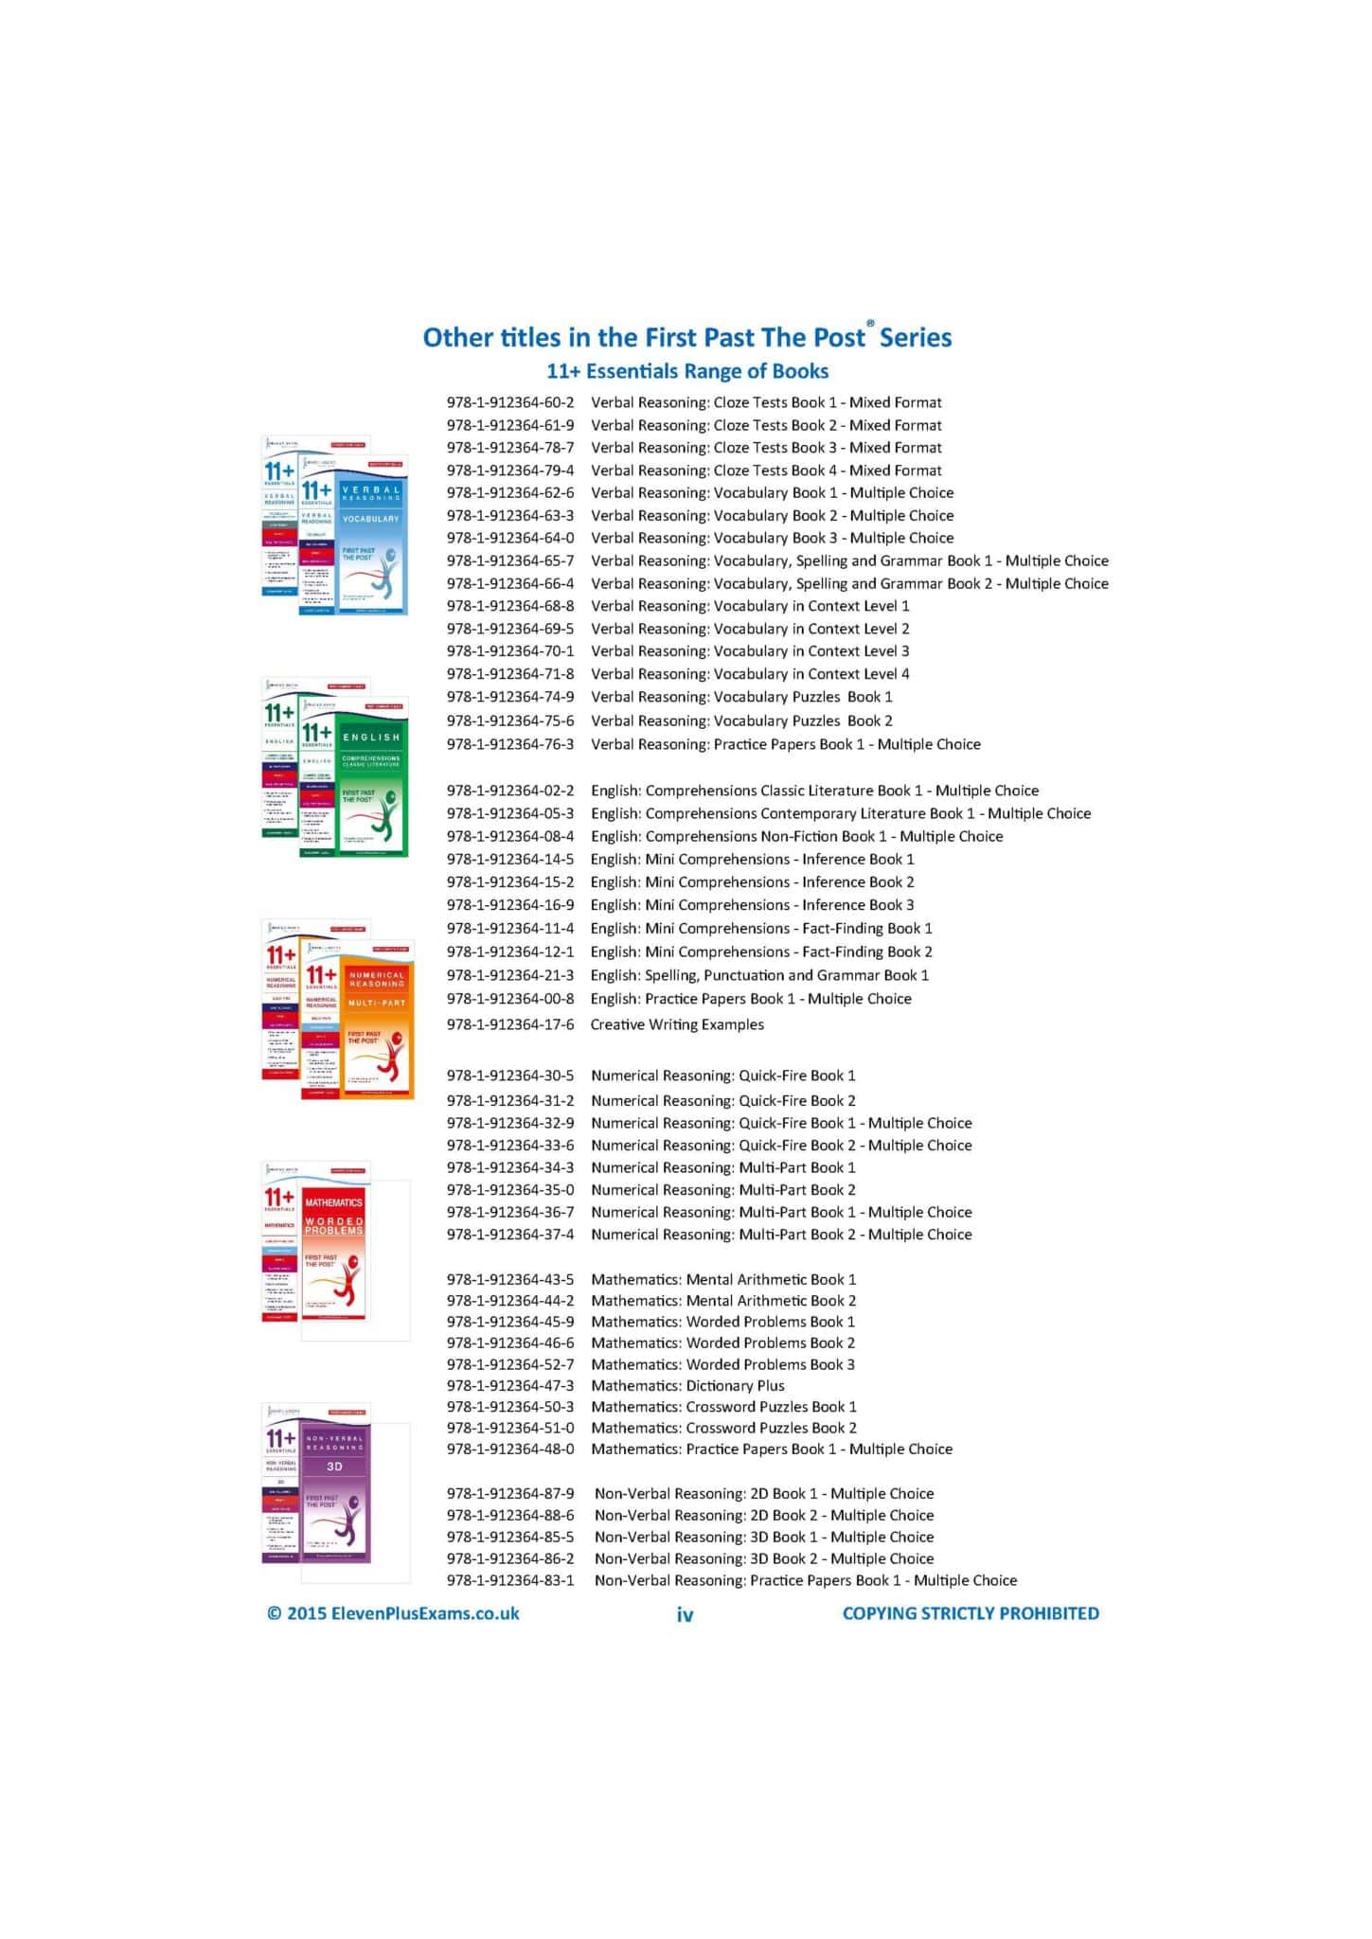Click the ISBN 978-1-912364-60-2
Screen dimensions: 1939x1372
[509, 402]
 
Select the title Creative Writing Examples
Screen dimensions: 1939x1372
[676, 1024]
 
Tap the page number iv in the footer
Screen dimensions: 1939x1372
[685, 1614]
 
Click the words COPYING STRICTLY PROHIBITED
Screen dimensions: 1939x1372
[971, 1613]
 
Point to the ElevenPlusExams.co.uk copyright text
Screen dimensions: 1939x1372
[393, 1613]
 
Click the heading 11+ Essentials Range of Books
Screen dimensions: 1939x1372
[687, 371]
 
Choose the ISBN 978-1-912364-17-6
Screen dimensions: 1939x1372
[509, 1024]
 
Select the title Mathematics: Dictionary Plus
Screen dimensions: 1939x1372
[687, 1385]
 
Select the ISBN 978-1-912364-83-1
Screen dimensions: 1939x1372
[509, 1580]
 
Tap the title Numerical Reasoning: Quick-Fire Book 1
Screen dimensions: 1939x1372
[722, 1076]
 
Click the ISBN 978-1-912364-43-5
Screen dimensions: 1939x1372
[509, 1279]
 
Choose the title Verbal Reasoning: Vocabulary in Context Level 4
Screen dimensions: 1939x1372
[749, 674]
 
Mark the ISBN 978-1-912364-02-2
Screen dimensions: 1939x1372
[509, 791]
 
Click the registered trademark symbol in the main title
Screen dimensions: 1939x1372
[870, 324]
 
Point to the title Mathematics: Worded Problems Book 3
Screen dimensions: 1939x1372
[722, 1364]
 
